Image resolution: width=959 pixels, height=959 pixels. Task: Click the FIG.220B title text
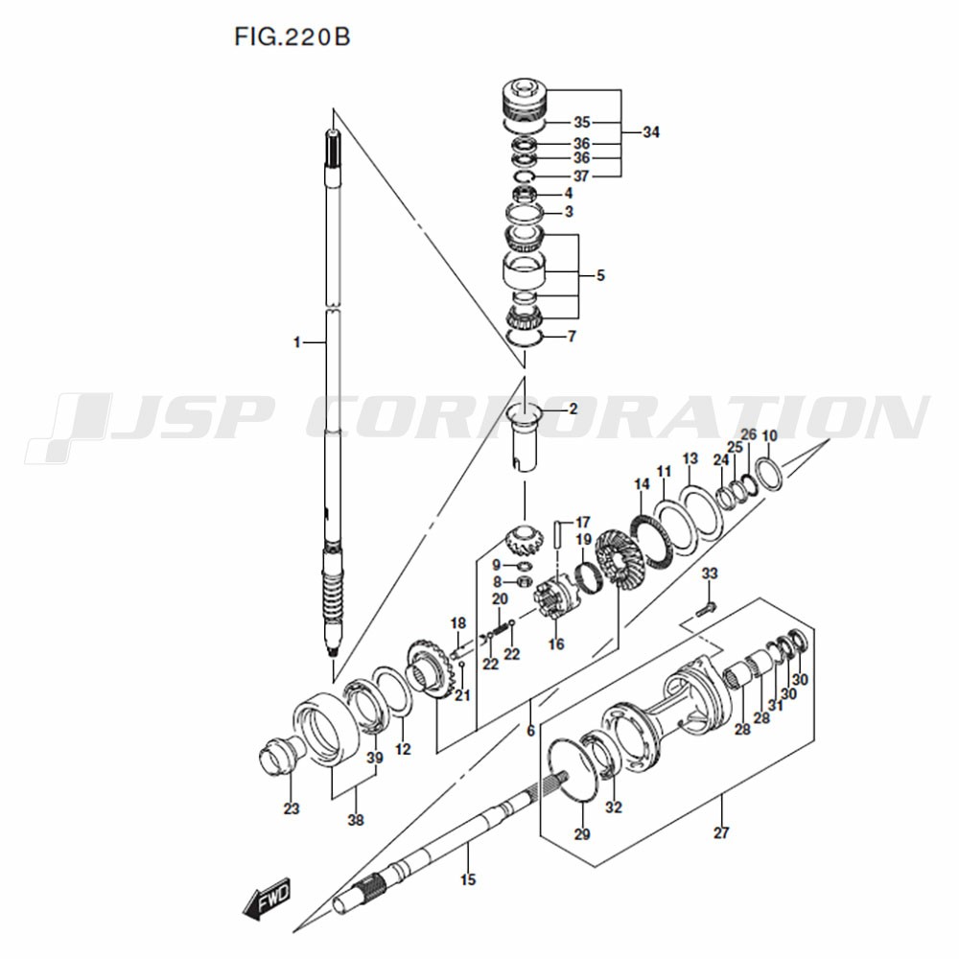292,36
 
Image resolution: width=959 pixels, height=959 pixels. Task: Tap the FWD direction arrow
267,901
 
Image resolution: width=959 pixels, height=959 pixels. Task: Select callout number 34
651,132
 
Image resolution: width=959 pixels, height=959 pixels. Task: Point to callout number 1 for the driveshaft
296,342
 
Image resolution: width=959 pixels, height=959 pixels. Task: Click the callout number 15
468,880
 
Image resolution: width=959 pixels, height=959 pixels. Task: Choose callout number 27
721,832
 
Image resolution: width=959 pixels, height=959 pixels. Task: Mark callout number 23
292,808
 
